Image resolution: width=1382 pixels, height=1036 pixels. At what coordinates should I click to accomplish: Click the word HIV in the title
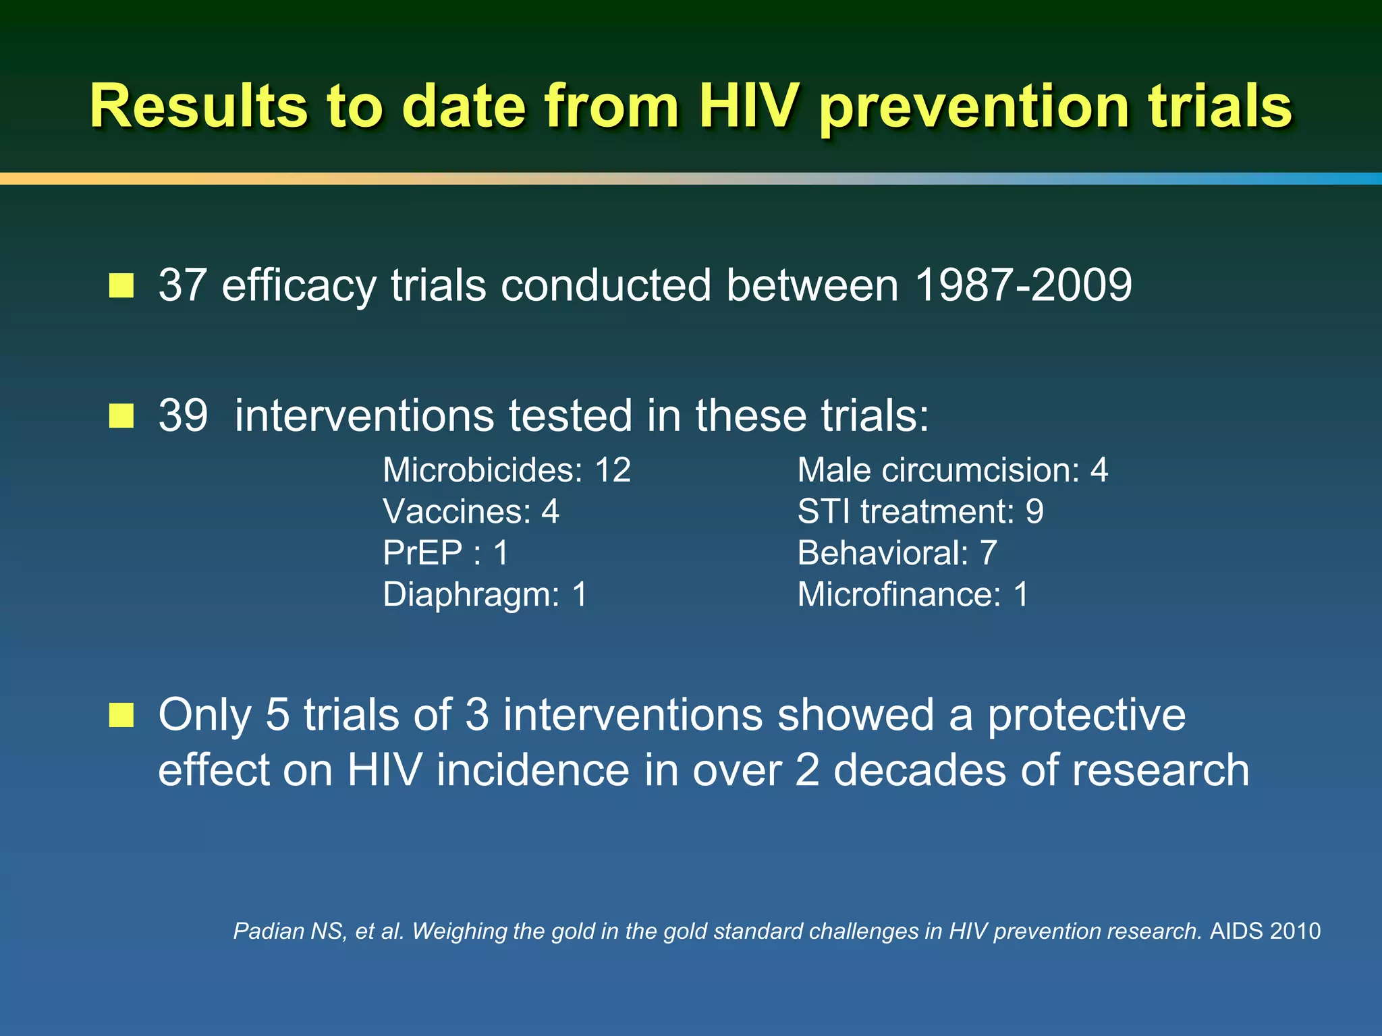(748, 107)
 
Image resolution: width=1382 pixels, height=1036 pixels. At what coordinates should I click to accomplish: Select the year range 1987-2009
(1023, 285)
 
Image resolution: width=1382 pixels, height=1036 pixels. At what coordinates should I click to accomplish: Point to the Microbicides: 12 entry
(507, 470)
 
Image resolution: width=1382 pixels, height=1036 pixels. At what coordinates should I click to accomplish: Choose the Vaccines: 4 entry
(471, 512)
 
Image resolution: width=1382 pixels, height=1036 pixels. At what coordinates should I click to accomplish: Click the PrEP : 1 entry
(445, 553)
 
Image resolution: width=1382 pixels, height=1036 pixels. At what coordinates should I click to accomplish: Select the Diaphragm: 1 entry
(485, 595)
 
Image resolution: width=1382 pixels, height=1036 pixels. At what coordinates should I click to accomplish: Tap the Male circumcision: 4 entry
(952, 470)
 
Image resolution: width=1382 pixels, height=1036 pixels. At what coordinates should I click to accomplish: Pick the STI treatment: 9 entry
(920, 512)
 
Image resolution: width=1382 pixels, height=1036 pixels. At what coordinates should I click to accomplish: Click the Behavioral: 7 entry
(897, 553)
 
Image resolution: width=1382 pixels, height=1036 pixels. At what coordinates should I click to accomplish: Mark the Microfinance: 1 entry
(913, 595)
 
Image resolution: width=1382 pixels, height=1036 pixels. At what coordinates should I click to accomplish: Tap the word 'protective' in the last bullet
(1086, 715)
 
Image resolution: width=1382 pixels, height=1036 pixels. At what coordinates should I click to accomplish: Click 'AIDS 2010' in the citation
(1265, 931)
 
